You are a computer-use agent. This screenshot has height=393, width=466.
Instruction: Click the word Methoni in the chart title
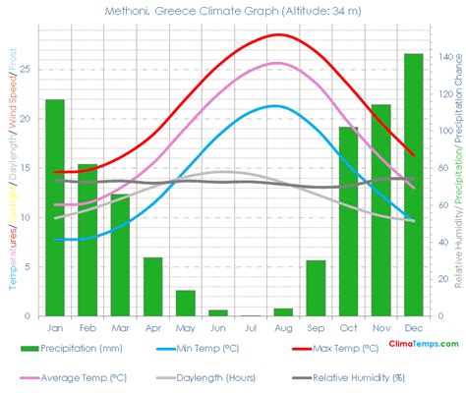tap(128, 11)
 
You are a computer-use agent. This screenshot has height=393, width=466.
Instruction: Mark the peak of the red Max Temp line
tap(280, 34)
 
